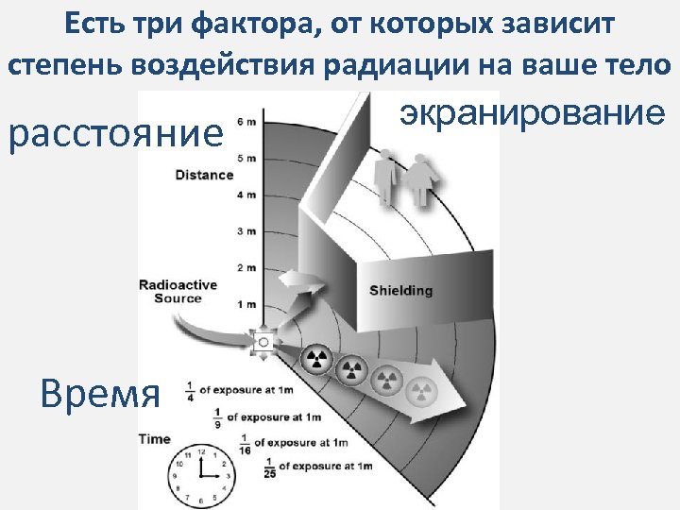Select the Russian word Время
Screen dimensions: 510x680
[x=100, y=392]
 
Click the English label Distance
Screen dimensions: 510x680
[x=203, y=174]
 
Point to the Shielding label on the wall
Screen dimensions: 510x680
[x=400, y=290]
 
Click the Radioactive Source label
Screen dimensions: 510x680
[x=178, y=291]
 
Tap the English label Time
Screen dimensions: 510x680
[x=155, y=438]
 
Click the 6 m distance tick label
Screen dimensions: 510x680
[x=246, y=122]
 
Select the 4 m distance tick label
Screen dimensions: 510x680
[x=246, y=195]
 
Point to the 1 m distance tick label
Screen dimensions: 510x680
[x=246, y=304]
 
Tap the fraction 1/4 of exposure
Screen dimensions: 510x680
[x=190, y=390]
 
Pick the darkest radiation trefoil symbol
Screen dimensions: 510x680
[x=316, y=359]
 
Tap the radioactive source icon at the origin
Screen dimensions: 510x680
[x=263, y=340]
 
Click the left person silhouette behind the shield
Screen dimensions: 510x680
[x=385, y=180]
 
